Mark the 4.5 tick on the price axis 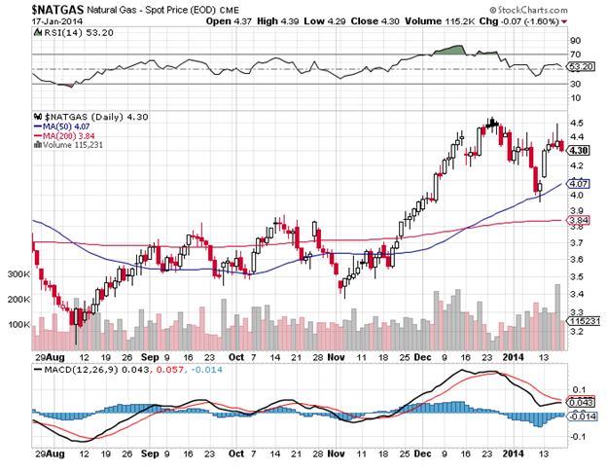[x=577, y=122]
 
